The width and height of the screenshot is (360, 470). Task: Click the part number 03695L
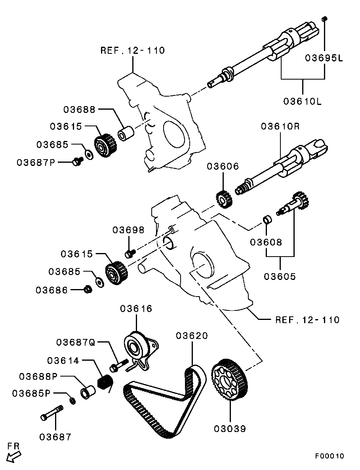324,58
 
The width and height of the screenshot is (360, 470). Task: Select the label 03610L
303,101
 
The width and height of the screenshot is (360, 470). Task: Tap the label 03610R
280,127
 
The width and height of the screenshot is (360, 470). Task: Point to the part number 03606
223,166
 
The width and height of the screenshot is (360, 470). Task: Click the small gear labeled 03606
225,198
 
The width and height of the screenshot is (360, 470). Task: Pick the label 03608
266,242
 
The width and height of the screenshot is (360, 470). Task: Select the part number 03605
280,276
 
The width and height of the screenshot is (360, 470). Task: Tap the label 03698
128,230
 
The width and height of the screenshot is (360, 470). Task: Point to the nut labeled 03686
88,290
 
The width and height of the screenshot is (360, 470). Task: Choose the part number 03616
136,308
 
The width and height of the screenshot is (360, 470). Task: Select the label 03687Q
76,342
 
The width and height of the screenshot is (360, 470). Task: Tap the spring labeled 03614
105,382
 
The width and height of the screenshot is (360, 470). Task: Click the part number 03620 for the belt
192,336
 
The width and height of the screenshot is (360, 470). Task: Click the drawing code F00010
330,456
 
